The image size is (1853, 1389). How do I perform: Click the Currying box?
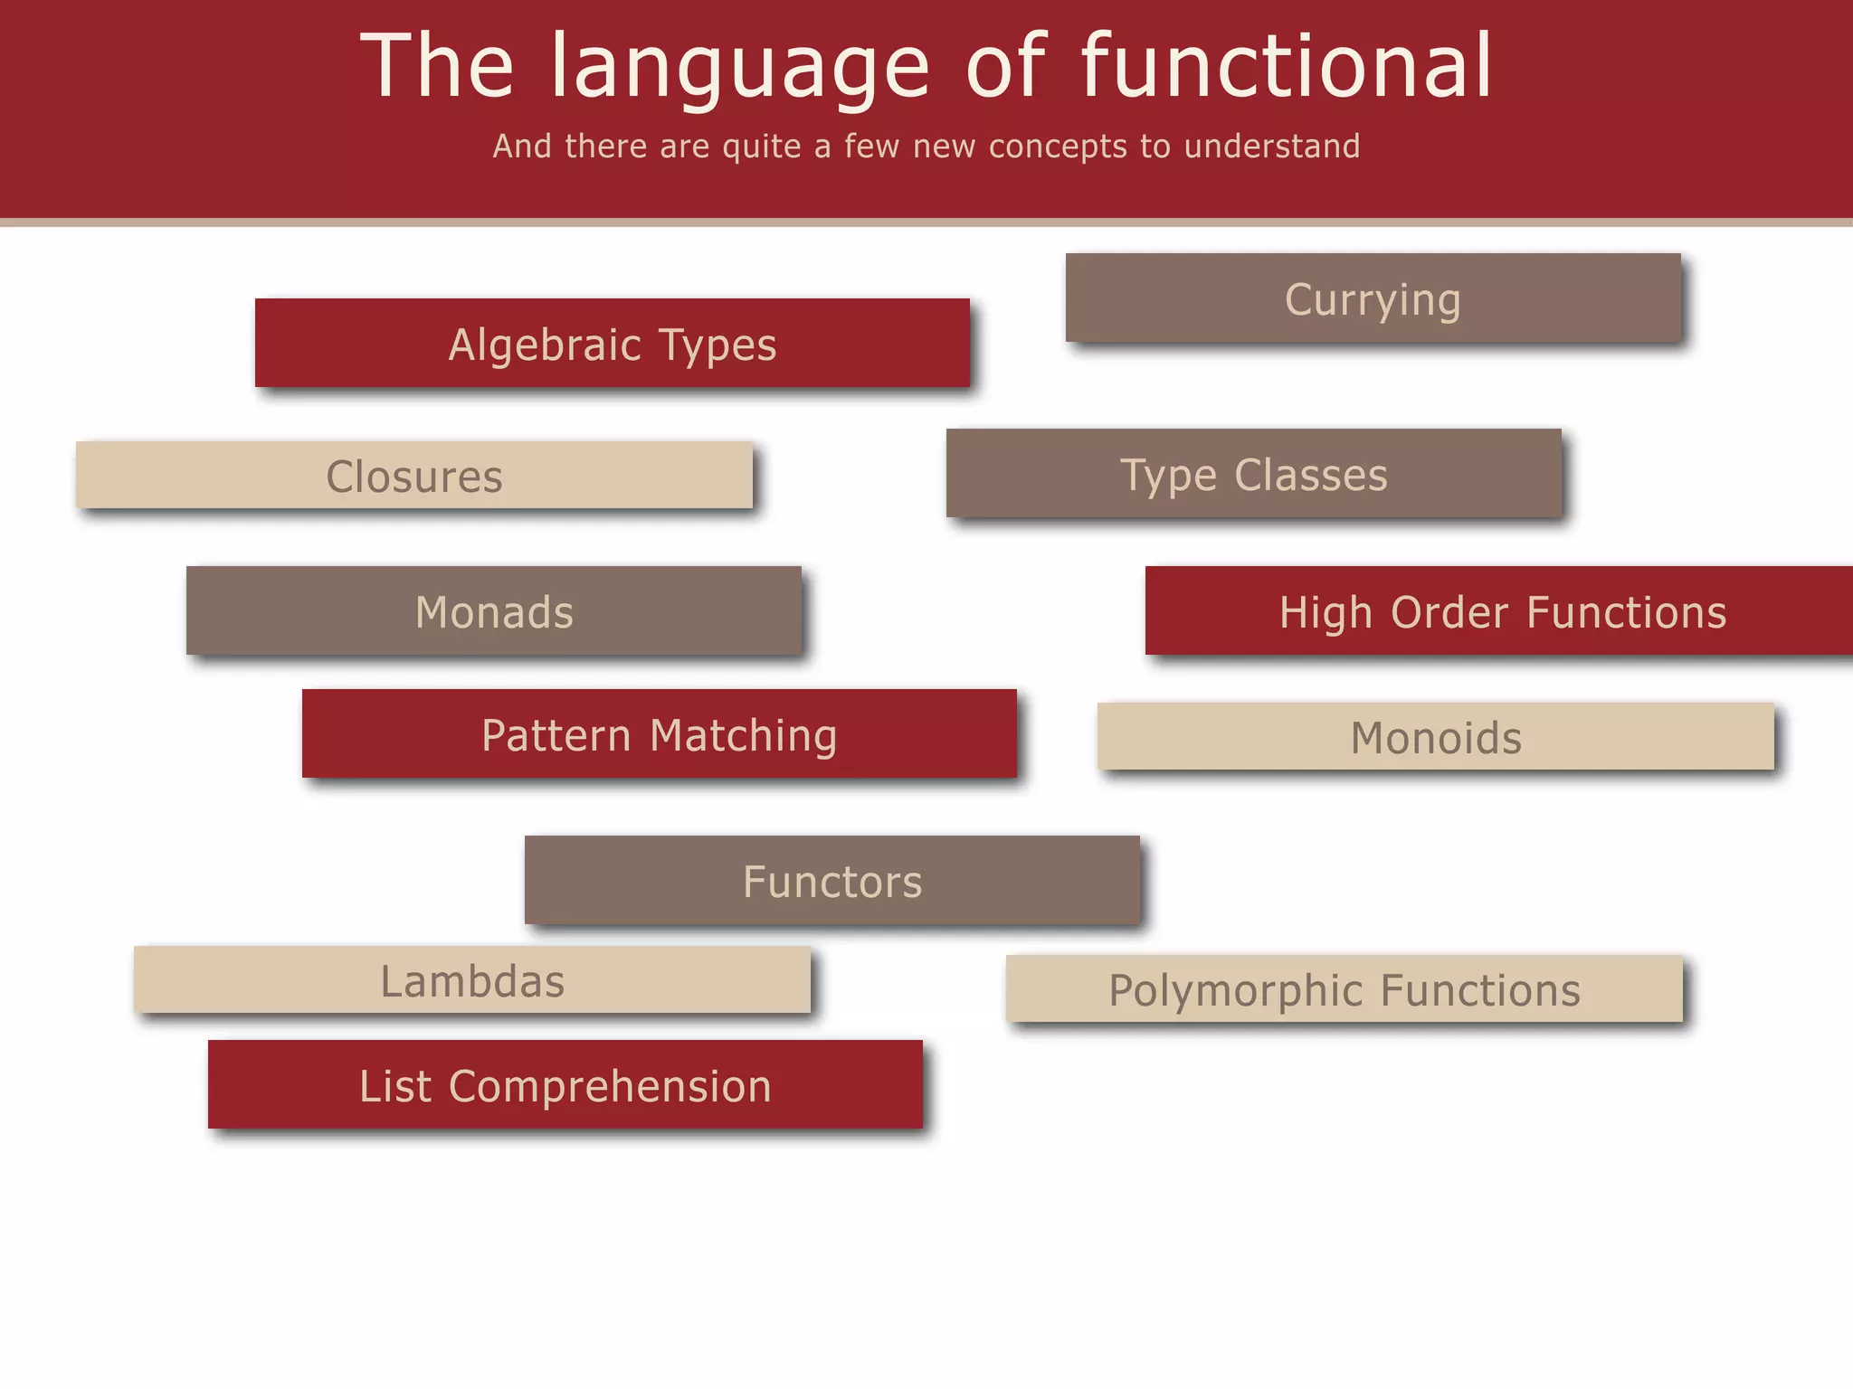1373,298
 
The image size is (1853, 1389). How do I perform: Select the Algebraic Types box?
612,344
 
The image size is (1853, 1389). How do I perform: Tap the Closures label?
413,477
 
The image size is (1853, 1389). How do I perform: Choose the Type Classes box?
1253,474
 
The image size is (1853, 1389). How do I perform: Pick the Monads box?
494,611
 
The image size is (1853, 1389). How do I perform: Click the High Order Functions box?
1502,611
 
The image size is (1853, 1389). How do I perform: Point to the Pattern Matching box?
659,734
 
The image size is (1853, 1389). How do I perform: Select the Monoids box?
1435,737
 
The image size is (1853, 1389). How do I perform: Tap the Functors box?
831,881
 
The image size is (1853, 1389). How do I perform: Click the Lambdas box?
471,980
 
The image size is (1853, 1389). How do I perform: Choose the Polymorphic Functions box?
1344,989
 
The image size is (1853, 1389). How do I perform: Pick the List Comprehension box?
565,1085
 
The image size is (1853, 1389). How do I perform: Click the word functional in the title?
1286,65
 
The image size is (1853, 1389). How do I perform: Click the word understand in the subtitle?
1271,146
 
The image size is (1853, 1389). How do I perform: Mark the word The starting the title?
437,65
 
